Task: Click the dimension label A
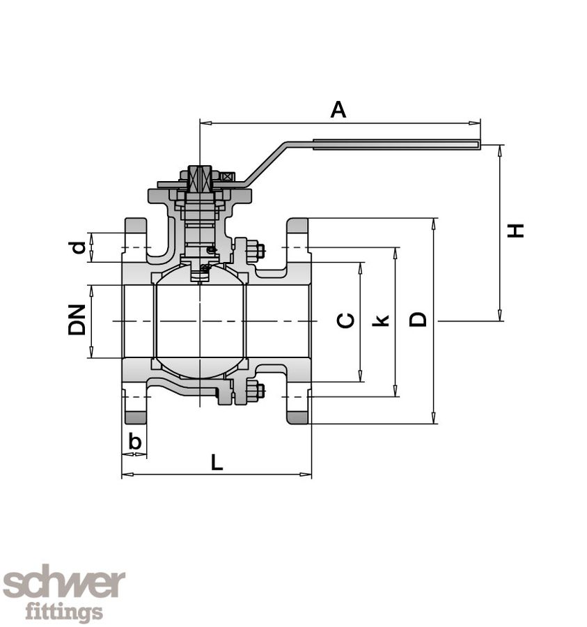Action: click(338, 109)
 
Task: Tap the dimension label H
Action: click(515, 231)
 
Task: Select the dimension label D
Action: click(418, 319)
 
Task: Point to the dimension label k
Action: click(380, 320)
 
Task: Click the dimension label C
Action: click(346, 320)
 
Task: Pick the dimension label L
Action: click(217, 462)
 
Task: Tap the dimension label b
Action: click(136, 441)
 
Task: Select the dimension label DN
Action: click(77, 320)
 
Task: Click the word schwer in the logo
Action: click(64, 584)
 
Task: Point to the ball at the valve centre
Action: click(200, 320)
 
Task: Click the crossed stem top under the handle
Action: click(200, 179)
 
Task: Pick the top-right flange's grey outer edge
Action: click(298, 226)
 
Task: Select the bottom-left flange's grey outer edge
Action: click(135, 417)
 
